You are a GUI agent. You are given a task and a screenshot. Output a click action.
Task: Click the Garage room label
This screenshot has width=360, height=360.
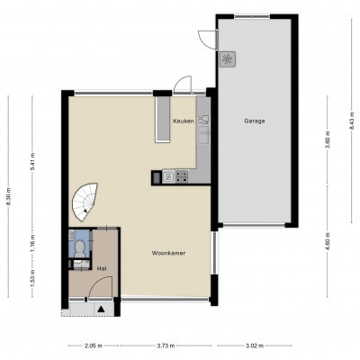(x=255, y=121)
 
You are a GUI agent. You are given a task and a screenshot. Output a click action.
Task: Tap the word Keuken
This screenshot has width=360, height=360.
(x=184, y=121)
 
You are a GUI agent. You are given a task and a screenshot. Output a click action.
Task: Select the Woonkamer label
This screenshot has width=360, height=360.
(x=168, y=253)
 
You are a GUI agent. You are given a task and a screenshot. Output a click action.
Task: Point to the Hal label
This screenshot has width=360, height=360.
(x=102, y=269)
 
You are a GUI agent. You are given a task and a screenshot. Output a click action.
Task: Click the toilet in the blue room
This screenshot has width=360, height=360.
(x=79, y=249)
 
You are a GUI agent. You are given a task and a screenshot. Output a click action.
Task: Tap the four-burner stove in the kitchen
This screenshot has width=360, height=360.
(x=182, y=176)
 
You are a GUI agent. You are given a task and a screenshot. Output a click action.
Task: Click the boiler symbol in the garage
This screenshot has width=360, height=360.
(x=228, y=58)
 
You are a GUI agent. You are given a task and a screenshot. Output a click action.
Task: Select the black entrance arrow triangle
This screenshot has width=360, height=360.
(x=102, y=309)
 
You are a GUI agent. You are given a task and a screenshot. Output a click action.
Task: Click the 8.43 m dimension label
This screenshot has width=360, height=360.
(x=352, y=121)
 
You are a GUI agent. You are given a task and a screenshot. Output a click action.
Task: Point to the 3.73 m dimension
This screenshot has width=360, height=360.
(x=166, y=346)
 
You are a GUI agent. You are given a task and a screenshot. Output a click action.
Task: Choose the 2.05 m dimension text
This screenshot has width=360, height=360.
(x=94, y=346)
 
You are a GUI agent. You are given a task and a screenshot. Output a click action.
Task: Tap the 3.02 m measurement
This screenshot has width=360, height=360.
(x=255, y=346)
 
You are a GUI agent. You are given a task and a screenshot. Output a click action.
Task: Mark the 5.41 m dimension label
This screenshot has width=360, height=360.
(x=32, y=162)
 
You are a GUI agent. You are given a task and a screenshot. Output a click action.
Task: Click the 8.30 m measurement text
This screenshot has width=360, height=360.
(x=8, y=197)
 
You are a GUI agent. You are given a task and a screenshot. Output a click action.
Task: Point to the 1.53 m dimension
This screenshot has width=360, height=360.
(x=32, y=278)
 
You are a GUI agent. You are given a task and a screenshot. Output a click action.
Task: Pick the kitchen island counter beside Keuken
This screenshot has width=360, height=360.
(x=162, y=119)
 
